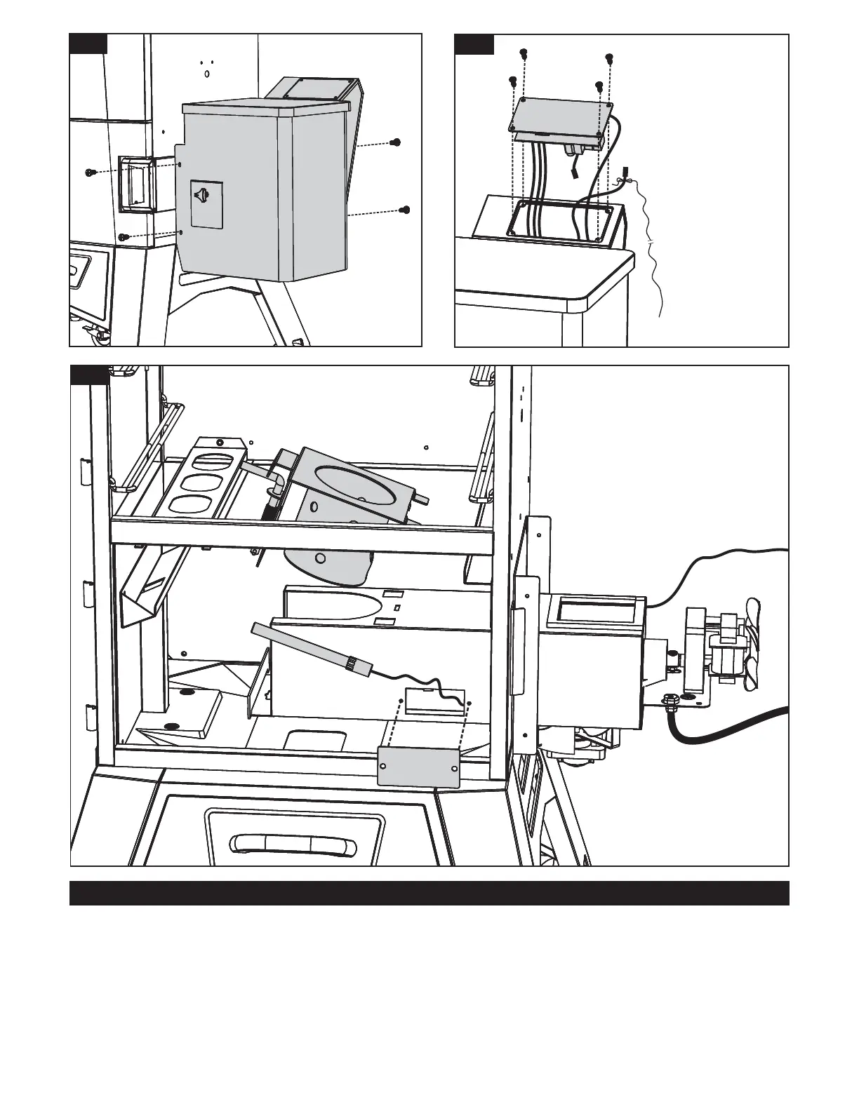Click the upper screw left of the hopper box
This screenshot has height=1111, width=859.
(91, 172)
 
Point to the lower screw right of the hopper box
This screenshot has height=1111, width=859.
(404, 209)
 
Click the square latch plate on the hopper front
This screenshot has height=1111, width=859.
(206, 204)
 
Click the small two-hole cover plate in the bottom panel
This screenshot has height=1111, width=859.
(419, 766)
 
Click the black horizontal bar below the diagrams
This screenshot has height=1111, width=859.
(429, 893)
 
